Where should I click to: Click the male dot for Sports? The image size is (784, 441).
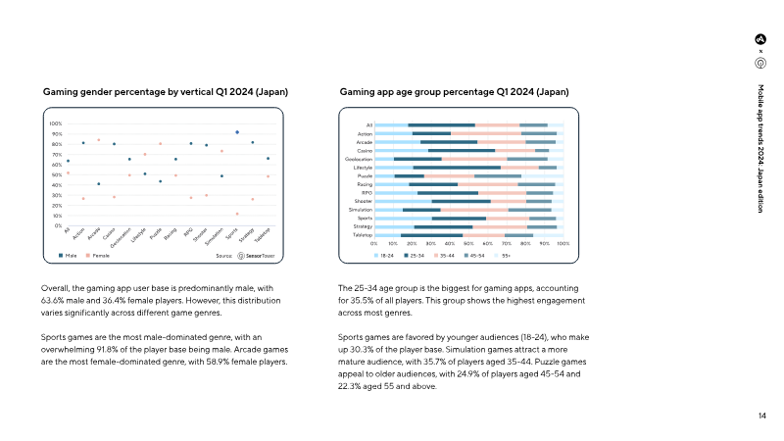tap(237, 131)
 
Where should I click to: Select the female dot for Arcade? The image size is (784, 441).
tap(98, 140)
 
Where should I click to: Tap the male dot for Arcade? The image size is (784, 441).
tap(98, 184)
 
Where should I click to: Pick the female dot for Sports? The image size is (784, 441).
tap(237, 214)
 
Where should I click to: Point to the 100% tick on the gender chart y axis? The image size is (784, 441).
tap(56, 124)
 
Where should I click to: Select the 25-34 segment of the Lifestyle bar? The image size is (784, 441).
tap(457, 168)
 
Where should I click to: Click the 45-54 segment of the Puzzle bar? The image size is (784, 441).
tap(535, 175)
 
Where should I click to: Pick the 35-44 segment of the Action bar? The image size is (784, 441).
tap(486, 133)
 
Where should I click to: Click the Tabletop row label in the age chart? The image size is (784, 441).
tap(363, 235)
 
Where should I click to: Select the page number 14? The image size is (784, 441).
tap(761, 416)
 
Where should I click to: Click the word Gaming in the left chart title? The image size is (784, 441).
tap(59, 91)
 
